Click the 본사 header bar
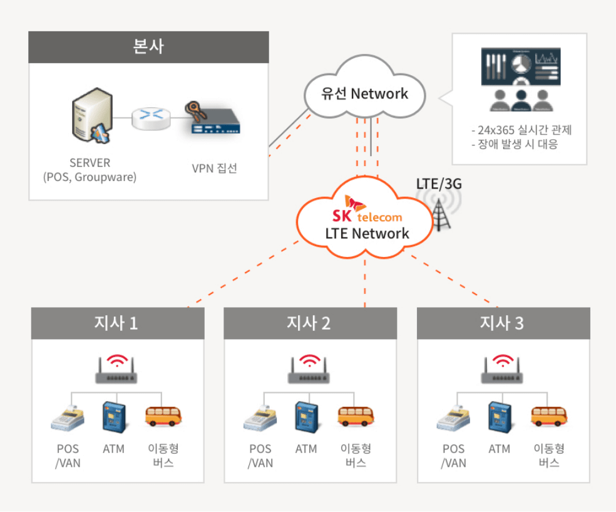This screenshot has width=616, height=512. pos(149,47)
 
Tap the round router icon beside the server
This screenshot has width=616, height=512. pos(151,115)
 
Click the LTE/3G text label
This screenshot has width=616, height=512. pos(439,184)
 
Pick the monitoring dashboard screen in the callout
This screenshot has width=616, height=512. pos(520,67)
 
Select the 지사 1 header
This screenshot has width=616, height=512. pos(118,323)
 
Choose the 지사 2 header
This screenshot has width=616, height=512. pos(310,323)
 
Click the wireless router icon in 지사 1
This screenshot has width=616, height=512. pos(116,370)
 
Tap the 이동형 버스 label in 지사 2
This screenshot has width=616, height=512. pos(356,456)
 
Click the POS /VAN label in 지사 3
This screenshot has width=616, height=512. pos(453,456)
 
